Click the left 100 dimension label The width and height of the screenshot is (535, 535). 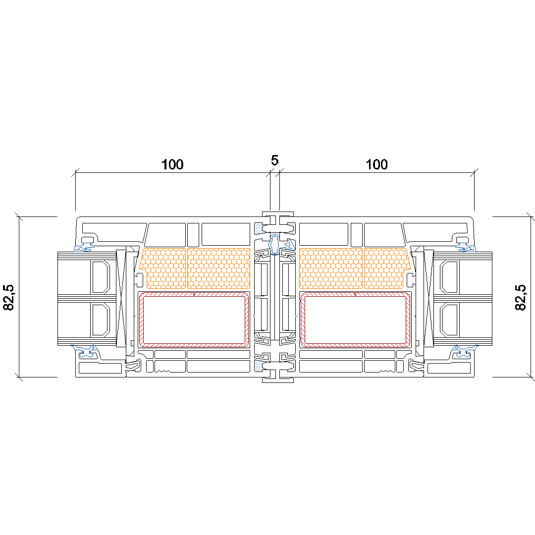point(172,164)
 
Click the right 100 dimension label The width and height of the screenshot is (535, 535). point(376,164)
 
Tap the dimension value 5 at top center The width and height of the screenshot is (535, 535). point(274,160)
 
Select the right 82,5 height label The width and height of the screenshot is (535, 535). point(520,297)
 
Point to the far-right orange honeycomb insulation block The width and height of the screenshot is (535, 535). point(386,268)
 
